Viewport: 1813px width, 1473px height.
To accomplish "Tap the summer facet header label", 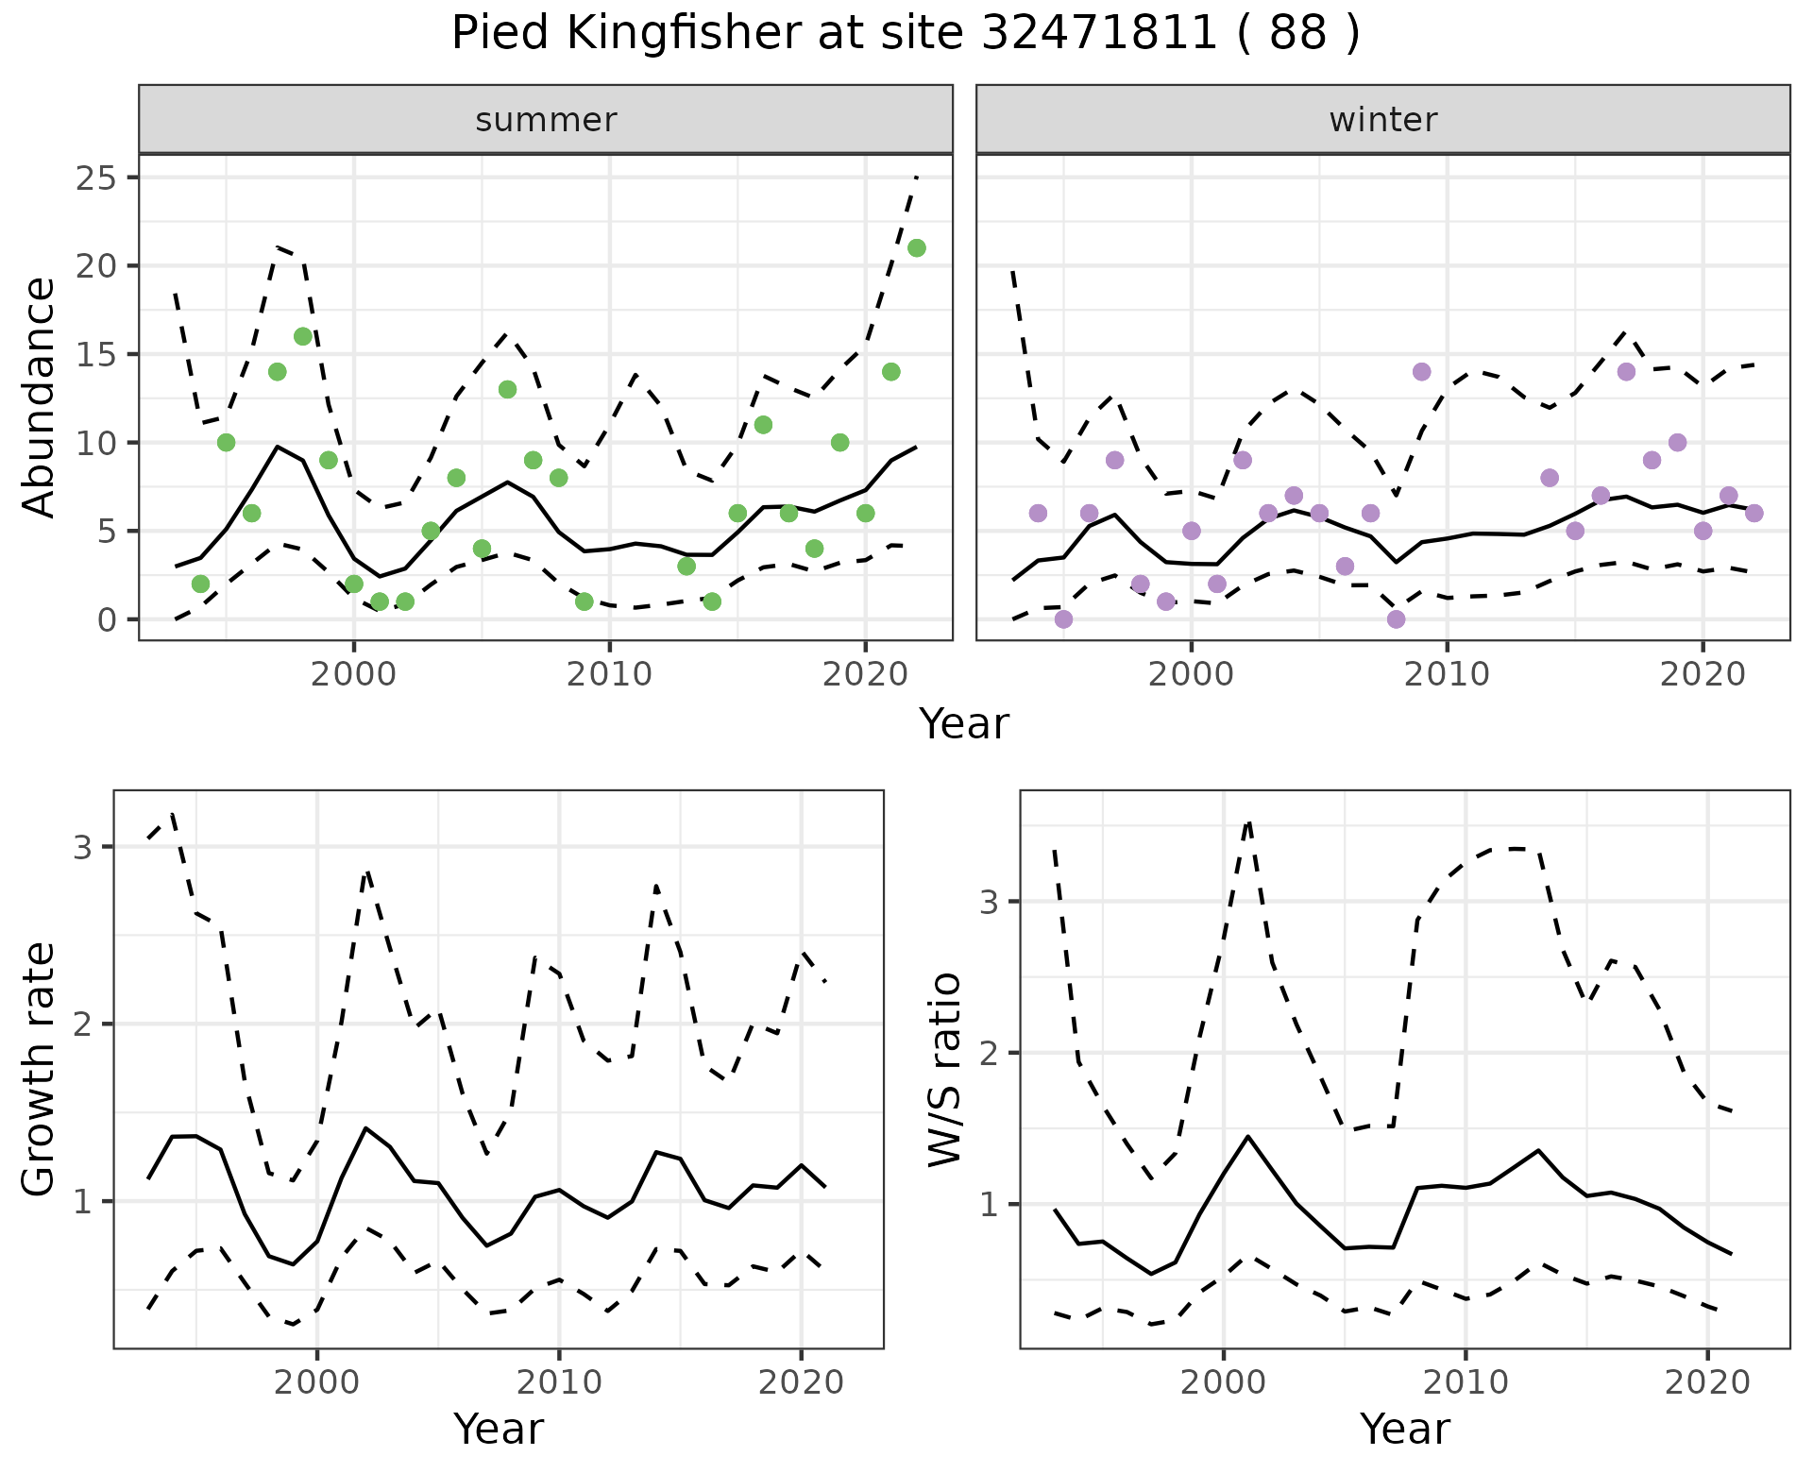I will click(x=546, y=120).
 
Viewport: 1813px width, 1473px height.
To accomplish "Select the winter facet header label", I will click(x=1382, y=120).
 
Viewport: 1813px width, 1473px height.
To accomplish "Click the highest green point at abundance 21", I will click(x=916, y=248).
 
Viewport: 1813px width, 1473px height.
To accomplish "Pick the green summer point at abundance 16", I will click(x=303, y=336).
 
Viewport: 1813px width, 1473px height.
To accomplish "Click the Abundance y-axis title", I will click(x=40, y=398).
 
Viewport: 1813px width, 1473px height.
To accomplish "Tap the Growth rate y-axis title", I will click(x=40, y=1070).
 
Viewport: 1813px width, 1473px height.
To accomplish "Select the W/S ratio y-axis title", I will click(x=944, y=1070).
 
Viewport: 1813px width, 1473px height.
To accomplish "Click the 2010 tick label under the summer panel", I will click(x=609, y=675).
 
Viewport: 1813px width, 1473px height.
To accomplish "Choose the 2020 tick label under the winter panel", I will click(x=1703, y=675).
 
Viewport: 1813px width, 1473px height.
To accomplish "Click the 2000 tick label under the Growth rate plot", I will click(x=317, y=1383).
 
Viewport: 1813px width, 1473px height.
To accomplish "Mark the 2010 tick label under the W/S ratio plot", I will click(x=1466, y=1383).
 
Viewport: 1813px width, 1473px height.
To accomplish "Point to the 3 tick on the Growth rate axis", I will click(x=83, y=846).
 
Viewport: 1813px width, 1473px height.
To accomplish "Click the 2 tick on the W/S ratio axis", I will click(x=990, y=1053).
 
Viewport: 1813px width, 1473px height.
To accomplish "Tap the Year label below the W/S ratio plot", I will click(x=1405, y=1430).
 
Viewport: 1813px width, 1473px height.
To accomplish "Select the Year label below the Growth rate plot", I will click(x=499, y=1430).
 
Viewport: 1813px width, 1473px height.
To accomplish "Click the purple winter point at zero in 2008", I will click(x=1397, y=619).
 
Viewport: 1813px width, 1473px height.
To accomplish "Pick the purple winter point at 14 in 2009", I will click(x=1422, y=372).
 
